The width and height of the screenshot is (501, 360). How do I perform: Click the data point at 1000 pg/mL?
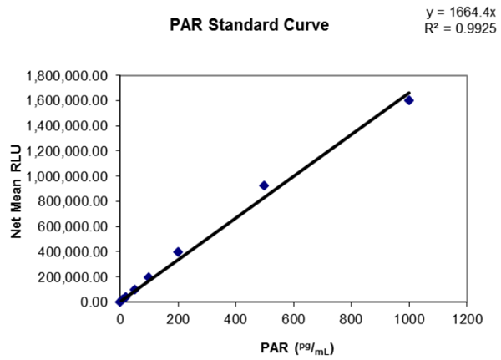[409, 100]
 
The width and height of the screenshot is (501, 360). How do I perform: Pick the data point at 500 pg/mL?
[264, 185]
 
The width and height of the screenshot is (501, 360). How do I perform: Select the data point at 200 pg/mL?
[178, 251]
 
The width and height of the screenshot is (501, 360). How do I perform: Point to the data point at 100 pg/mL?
[149, 277]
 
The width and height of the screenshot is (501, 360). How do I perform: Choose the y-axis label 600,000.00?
[73, 226]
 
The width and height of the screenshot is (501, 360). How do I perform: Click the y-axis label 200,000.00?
[73, 276]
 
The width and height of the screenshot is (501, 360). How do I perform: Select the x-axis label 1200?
[467, 318]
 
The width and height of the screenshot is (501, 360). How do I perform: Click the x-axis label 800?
[351, 318]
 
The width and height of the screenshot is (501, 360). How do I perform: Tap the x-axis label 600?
[293, 318]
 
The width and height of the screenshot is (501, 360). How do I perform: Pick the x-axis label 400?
[235, 318]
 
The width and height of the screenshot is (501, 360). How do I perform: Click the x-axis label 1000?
[408, 318]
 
